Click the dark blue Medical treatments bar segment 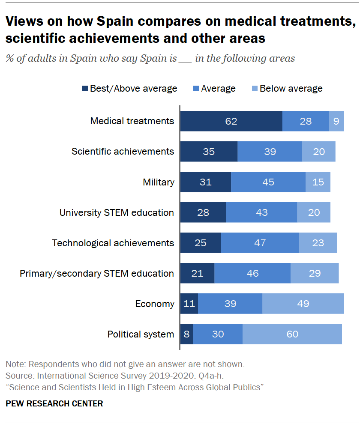(231, 121)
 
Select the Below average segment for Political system (292, 334)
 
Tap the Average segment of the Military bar (268, 182)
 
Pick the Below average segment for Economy (303, 304)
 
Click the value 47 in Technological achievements (260, 243)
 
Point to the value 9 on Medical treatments (336, 121)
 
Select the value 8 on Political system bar (186, 334)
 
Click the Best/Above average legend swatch (85, 89)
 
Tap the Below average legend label (291, 89)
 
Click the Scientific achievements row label (123, 151)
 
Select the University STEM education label (117, 212)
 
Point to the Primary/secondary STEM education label (97, 273)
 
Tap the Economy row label (155, 304)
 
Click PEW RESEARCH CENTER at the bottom (54, 403)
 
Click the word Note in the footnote (14, 364)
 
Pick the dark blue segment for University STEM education (203, 212)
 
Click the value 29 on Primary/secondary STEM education (314, 273)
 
